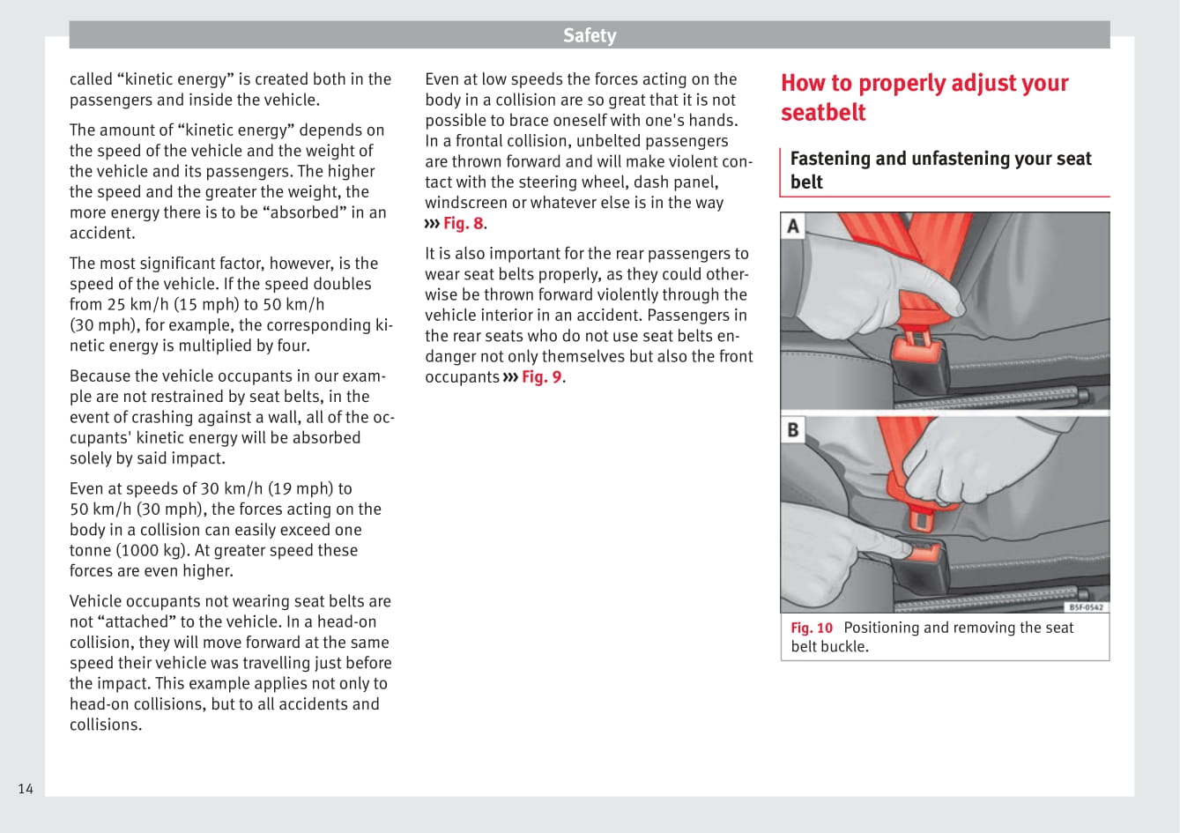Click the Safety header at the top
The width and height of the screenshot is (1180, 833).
click(590, 35)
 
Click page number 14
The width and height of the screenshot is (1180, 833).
click(26, 788)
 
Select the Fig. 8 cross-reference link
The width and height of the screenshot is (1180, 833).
click(463, 223)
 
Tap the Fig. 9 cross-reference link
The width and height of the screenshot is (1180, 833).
click(541, 377)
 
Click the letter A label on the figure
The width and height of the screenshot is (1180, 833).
click(793, 227)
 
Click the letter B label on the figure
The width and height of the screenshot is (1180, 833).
click(793, 429)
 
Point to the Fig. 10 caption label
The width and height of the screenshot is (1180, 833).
click(811, 628)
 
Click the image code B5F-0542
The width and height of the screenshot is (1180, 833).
click(1086, 606)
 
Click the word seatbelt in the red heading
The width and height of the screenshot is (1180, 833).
click(823, 113)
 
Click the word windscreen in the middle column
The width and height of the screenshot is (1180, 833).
click(467, 203)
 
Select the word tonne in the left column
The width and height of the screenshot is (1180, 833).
click(92, 550)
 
